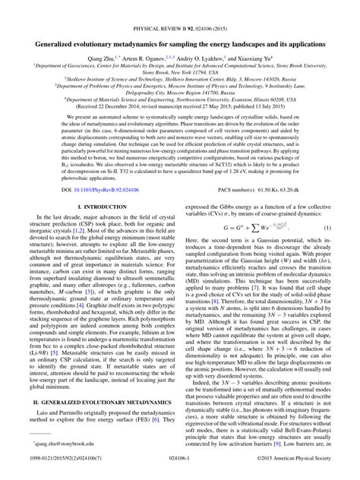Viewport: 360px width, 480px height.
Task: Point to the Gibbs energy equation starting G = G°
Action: (x=251, y=248)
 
